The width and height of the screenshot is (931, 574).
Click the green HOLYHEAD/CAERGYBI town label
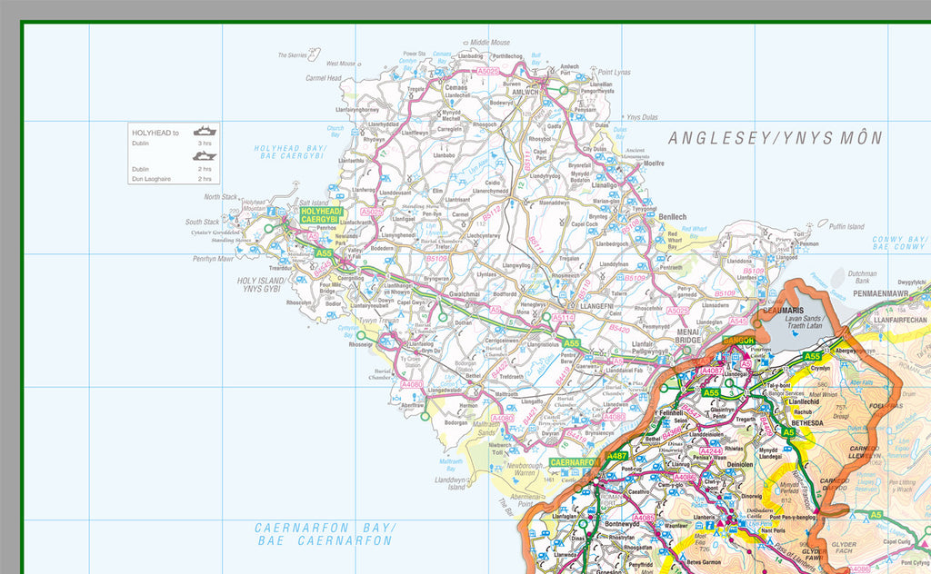(319, 215)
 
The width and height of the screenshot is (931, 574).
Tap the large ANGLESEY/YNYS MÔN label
(776, 139)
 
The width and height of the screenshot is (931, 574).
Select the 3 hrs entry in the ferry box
(205, 143)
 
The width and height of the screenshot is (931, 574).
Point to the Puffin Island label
(847, 226)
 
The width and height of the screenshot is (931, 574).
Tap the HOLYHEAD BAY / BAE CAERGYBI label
(289, 152)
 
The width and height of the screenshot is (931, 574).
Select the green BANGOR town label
(738, 340)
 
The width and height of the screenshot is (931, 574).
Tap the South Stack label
(202, 222)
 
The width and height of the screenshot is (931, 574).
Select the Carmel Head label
(323, 78)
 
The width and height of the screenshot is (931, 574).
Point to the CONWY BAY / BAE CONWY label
(899, 243)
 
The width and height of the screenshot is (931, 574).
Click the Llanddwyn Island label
(450, 483)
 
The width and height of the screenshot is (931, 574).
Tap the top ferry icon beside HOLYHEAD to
(205, 130)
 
